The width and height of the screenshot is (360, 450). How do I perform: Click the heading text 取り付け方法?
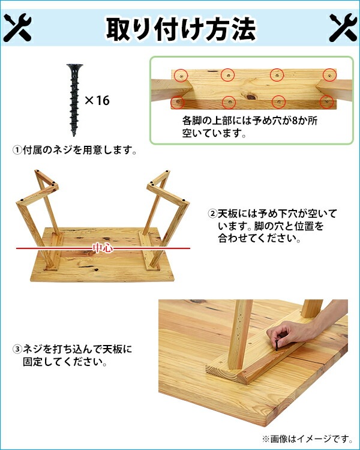point(181,29)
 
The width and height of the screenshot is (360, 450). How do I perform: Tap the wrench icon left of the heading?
point(17,28)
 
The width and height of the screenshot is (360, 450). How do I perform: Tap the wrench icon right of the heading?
point(343,28)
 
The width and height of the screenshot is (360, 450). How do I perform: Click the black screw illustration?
point(74,100)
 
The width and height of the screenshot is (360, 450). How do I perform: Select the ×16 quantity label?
point(97,100)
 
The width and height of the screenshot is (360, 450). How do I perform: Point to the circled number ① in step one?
point(17,150)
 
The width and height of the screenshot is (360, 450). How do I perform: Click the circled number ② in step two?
point(212,214)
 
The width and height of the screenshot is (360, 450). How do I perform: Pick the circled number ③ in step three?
point(17,349)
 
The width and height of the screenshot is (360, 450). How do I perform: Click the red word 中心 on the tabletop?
point(103,248)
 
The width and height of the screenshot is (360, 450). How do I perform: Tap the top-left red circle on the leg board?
point(181,76)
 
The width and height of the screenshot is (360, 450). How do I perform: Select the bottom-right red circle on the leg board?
point(326,102)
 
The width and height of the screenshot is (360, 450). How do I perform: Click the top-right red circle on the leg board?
point(329,75)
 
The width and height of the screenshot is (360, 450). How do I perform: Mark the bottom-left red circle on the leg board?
point(178,102)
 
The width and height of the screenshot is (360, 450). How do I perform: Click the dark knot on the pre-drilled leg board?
point(251,97)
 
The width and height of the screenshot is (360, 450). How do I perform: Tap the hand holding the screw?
point(287,333)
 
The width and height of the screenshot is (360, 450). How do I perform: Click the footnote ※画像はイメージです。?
point(307,439)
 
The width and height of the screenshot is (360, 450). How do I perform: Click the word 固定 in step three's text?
point(33,362)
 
